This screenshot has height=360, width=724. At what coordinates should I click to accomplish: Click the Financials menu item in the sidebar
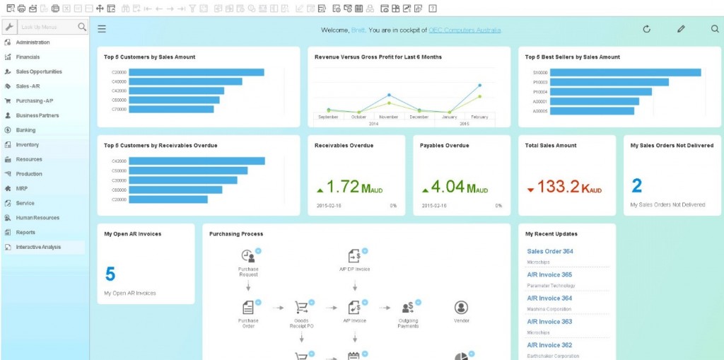[28, 57]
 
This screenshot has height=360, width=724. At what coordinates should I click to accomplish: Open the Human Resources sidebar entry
[37, 218]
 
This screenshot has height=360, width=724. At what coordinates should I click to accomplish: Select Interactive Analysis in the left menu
[38, 247]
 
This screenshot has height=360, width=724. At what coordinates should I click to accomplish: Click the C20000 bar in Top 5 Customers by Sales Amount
[197, 72]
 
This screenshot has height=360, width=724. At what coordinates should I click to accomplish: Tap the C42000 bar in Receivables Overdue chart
[197, 161]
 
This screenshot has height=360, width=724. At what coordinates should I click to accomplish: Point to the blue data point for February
[480, 86]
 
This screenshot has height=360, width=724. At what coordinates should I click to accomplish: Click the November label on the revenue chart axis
[389, 117]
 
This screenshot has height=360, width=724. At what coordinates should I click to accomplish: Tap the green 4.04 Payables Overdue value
[448, 187]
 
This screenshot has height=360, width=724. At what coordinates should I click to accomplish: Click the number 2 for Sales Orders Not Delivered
[637, 186]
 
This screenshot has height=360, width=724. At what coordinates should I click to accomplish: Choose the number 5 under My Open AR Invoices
[110, 274]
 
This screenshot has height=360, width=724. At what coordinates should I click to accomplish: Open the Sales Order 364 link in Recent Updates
[550, 251]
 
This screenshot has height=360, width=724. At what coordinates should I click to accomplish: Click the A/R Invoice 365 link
[549, 274]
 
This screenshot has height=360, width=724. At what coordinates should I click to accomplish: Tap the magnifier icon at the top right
[715, 29]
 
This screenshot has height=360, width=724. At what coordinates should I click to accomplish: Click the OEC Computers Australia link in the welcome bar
[465, 30]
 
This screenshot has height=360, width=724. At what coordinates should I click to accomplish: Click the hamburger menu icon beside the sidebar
[102, 29]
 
